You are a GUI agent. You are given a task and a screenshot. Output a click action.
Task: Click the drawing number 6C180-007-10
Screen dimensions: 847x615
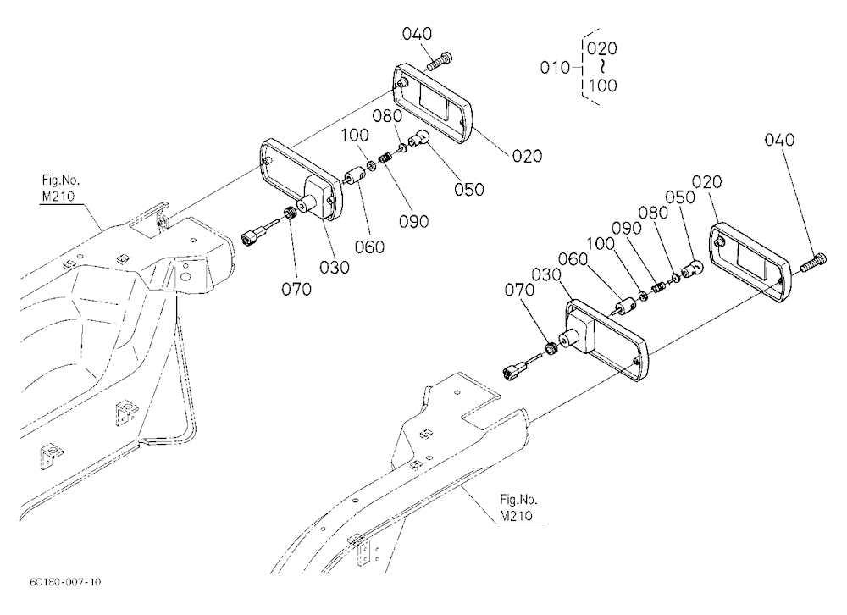pyautogui.click(x=65, y=582)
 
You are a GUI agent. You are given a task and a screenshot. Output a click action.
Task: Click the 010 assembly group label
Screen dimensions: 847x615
pyautogui.click(x=556, y=68)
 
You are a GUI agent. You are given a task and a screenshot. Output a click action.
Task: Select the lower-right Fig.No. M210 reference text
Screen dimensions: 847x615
pyautogui.click(x=518, y=507)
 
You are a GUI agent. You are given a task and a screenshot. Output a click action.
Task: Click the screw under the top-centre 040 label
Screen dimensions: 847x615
pyautogui.click(x=439, y=61)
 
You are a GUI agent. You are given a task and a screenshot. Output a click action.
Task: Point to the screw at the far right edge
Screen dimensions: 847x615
pyautogui.click(x=813, y=262)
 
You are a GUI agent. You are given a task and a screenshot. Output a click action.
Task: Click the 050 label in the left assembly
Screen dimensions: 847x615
pyautogui.click(x=469, y=189)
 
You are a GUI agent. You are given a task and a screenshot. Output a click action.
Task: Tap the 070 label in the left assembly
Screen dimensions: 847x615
pyautogui.click(x=296, y=289)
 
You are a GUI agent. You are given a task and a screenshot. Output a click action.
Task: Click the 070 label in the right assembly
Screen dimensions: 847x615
pyautogui.click(x=519, y=291)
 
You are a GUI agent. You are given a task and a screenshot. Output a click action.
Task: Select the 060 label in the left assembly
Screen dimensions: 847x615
pyautogui.click(x=369, y=247)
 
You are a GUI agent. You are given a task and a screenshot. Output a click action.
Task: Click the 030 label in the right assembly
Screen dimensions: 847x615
pyautogui.click(x=546, y=274)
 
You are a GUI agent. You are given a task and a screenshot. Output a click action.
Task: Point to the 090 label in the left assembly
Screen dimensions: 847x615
pyautogui.click(x=414, y=221)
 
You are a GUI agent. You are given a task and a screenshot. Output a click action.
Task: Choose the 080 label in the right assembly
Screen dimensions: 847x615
pyautogui.click(x=653, y=213)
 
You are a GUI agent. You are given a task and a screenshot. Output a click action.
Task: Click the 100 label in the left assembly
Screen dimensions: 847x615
pyautogui.click(x=355, y=135)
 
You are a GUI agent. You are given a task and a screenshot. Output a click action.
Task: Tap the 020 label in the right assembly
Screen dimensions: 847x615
pyautogui.click(x=706, y=181)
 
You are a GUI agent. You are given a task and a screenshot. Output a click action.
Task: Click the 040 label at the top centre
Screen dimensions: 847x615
pyautogui.click(x=417, y=34)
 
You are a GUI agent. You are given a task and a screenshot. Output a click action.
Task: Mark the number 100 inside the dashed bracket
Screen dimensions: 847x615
pyautogui.click(x=602, y=86)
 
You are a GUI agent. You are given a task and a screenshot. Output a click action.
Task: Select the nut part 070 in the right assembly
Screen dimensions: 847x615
pyautogui.click(x=550, y=348)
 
